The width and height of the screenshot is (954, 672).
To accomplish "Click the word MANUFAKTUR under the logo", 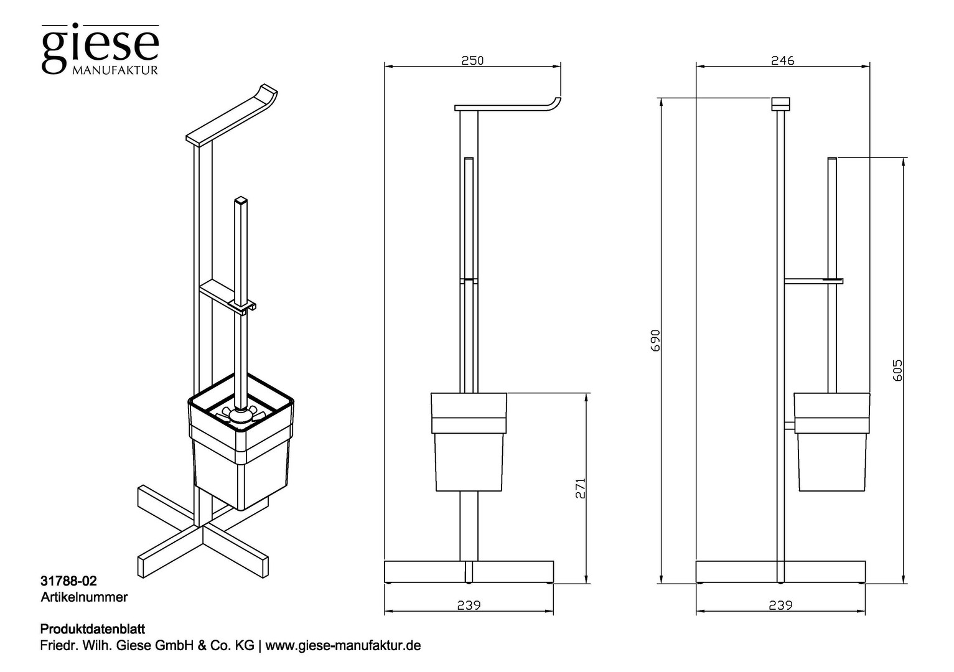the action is [115, 70].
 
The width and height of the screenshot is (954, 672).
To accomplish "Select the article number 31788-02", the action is [68, 581].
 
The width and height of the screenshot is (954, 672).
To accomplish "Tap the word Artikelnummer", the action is [84, 597].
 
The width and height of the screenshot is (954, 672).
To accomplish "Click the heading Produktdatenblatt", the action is [93, 629].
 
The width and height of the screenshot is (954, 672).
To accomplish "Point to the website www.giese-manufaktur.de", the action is [343, 646].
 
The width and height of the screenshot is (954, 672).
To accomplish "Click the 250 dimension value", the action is [473, 60].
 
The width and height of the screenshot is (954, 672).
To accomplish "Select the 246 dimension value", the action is [783, 60].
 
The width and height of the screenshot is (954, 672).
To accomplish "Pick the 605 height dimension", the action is [897, 370].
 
